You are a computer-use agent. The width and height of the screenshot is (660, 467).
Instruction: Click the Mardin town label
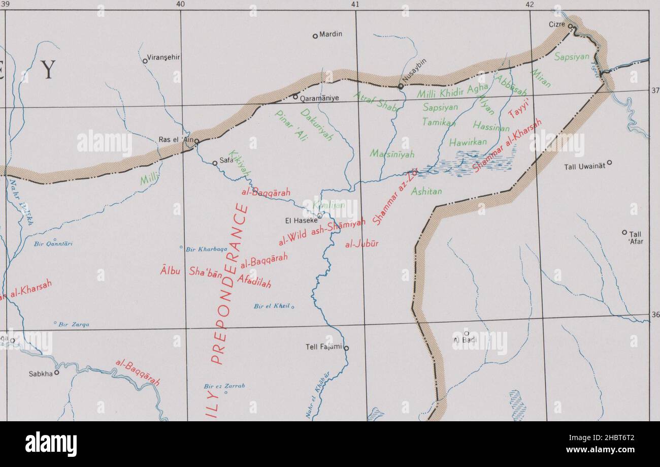331,35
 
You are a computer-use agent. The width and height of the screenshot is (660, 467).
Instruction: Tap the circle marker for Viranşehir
145,61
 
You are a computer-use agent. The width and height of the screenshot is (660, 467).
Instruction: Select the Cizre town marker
570,26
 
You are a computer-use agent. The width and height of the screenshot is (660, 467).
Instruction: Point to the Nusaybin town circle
401,87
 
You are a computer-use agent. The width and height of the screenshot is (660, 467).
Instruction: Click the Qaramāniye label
320,98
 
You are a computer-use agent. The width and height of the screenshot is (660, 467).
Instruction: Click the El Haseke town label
302,221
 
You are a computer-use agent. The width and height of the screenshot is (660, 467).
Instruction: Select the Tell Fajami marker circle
347,348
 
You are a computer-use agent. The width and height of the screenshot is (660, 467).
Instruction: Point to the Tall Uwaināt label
585,166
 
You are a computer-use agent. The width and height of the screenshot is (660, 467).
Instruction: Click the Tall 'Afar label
636,238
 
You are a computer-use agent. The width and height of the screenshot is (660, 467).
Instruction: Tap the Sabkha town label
41,373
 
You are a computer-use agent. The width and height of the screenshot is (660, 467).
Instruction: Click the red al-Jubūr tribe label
362,244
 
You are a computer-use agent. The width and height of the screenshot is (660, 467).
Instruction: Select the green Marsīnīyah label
392,153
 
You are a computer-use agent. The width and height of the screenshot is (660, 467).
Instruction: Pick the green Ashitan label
426,192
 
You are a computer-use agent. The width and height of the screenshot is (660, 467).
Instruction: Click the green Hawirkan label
468,142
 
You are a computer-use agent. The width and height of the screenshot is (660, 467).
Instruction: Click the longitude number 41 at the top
355,4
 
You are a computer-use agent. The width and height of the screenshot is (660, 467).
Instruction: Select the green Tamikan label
439,122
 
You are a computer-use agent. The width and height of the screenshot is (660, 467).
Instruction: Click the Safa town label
226,160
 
